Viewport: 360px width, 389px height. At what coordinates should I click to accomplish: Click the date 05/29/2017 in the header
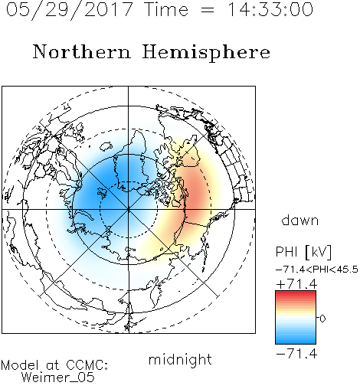point(70,9)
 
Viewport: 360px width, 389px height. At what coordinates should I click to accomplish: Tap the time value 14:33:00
point(270,9)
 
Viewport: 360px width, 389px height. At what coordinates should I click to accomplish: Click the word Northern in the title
point(82,52)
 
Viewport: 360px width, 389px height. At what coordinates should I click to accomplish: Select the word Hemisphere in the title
point(206,52)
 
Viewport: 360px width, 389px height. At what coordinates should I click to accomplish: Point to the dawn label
point(300,221)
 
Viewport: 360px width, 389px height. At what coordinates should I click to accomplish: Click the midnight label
point(180,359)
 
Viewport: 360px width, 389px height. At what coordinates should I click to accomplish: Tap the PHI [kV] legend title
point(303,252)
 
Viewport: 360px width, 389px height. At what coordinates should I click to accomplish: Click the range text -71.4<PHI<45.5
point(317,270)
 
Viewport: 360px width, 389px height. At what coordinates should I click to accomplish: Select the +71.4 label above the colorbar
point(296,284)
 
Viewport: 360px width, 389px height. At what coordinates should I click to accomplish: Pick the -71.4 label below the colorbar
point(296,354)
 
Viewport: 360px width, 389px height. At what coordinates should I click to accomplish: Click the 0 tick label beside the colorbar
point(322,319)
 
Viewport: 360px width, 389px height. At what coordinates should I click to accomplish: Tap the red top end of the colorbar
point(296,293)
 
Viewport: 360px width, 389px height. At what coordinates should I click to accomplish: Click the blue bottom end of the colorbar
point(296,342)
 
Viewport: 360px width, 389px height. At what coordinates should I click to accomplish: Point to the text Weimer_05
point(58,378)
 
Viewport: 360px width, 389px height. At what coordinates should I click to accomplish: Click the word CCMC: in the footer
point(87,365)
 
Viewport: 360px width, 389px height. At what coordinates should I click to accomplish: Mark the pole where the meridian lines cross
point(128,209)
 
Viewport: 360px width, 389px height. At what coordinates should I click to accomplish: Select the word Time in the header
point(166,9)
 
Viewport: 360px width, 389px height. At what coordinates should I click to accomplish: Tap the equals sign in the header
point(208,11)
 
